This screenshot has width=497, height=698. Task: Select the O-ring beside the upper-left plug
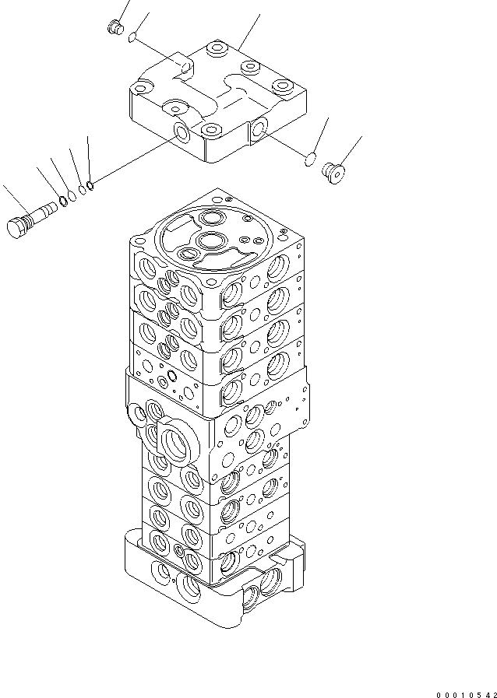(135, 37)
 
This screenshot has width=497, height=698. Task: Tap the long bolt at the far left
(35, 219)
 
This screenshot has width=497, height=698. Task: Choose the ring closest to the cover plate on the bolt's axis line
(92, 184)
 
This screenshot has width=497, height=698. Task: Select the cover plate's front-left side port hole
(182, 133)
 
